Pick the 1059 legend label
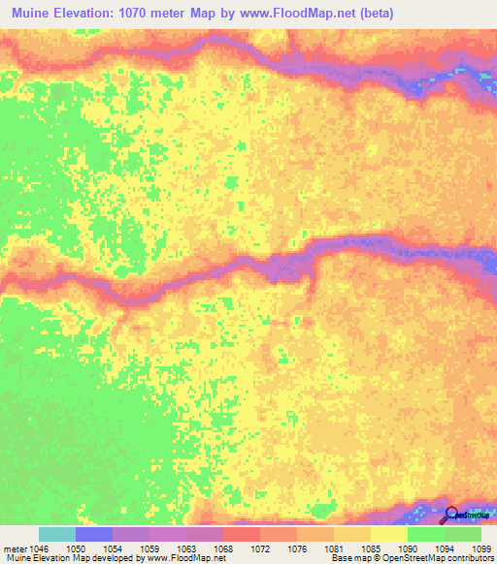click(149, 548)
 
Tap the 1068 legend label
click(222, 548)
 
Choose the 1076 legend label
click(296, 548)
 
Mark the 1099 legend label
click(480, 548)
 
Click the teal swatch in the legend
click(56, 534)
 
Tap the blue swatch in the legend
click(93, 534)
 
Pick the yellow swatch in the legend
click(388, 534)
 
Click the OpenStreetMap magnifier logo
click(451, 515)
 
